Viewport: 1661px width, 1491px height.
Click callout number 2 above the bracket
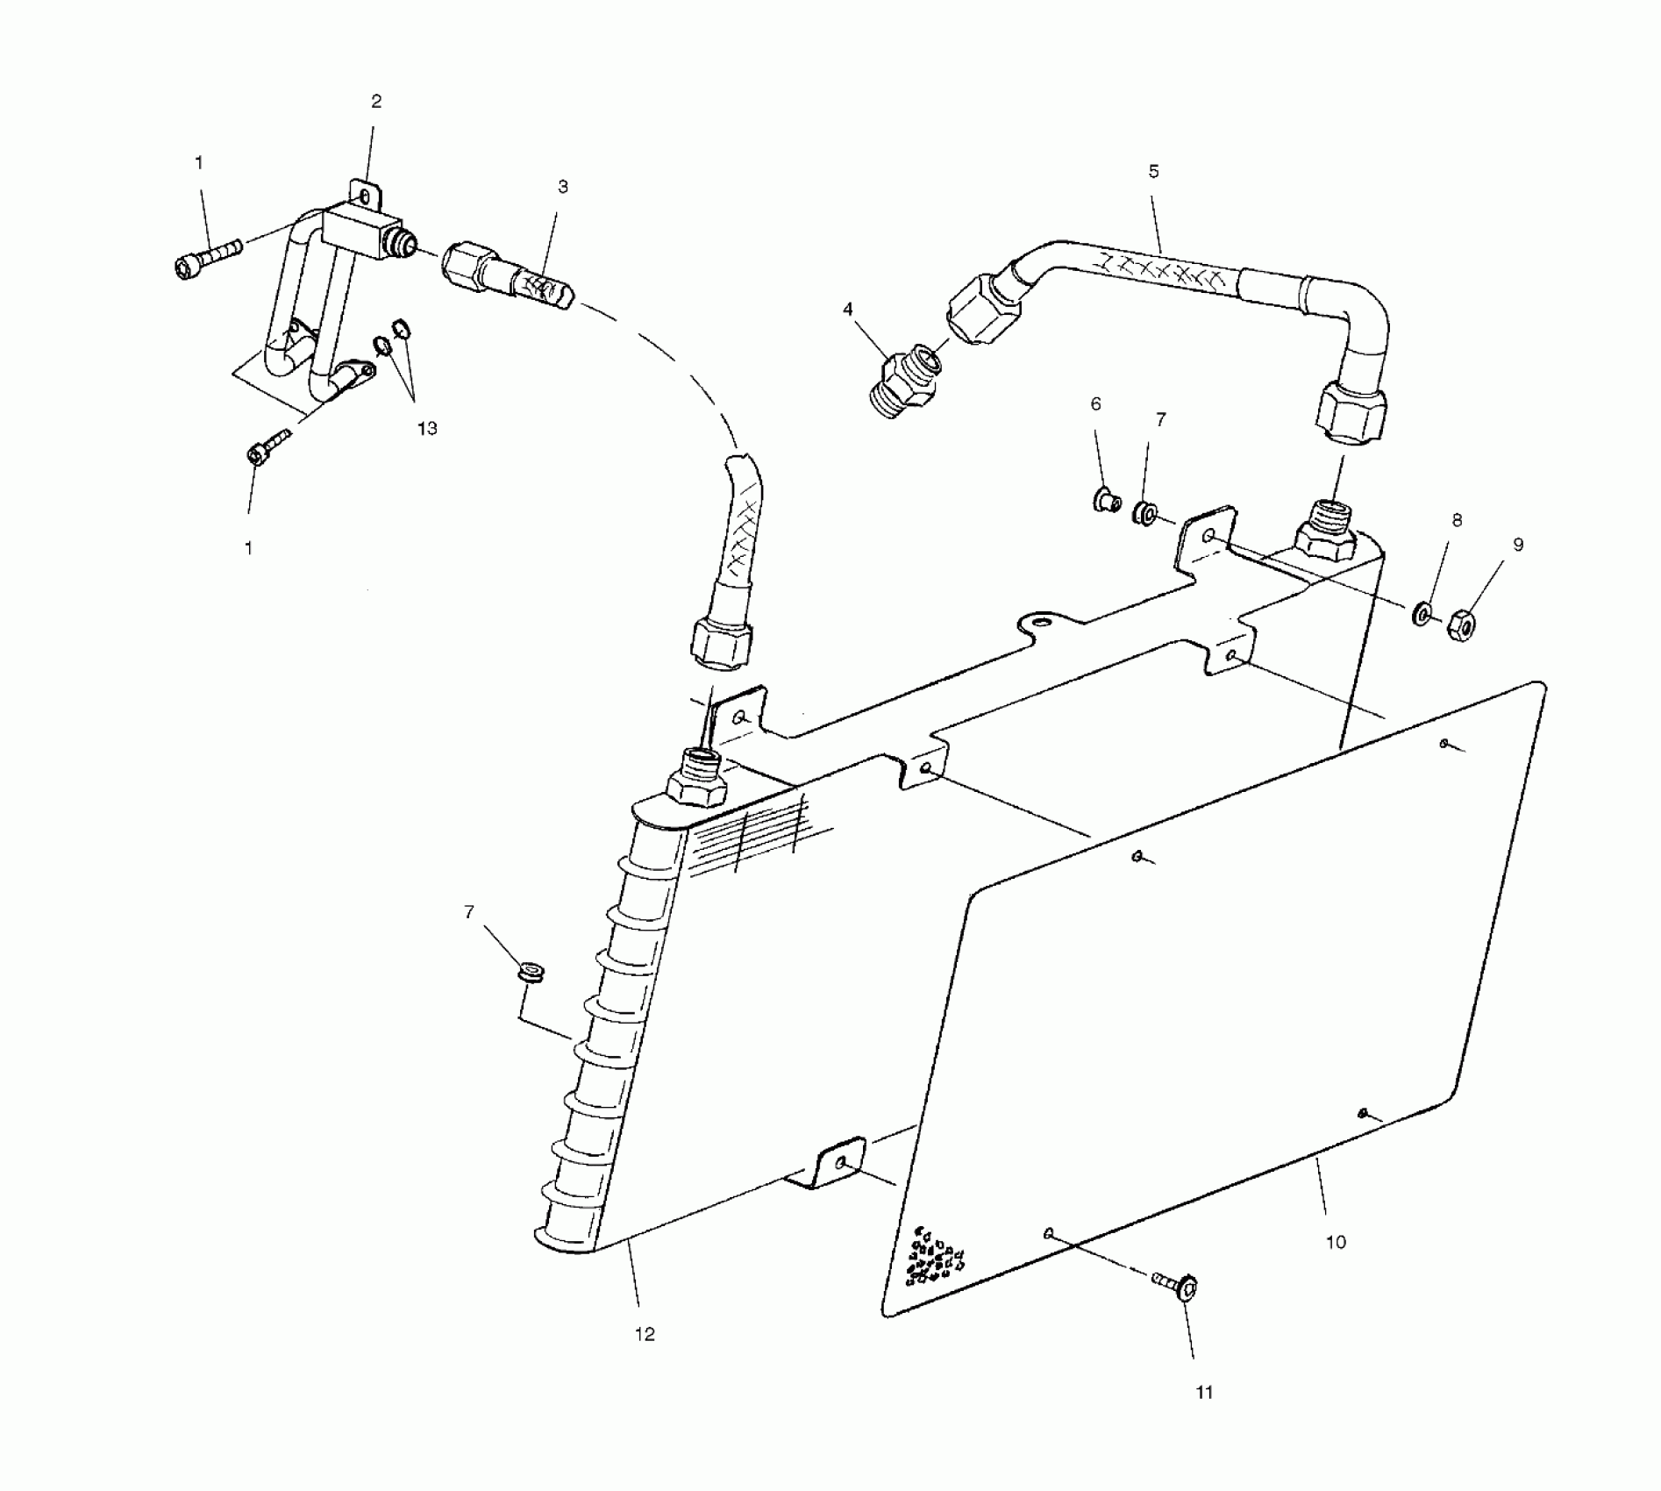pos(376,102)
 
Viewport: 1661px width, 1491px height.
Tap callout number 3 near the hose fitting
pos(563,187)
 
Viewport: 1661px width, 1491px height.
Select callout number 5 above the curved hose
pos(1153,172)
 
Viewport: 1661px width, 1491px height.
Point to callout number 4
pos(847,310)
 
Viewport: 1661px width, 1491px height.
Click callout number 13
pos(427,429)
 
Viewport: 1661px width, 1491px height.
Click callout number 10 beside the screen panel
pos(1335,1242)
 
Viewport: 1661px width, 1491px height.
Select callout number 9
pos(1518,545)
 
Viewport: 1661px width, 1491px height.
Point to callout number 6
pos(1095,404)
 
